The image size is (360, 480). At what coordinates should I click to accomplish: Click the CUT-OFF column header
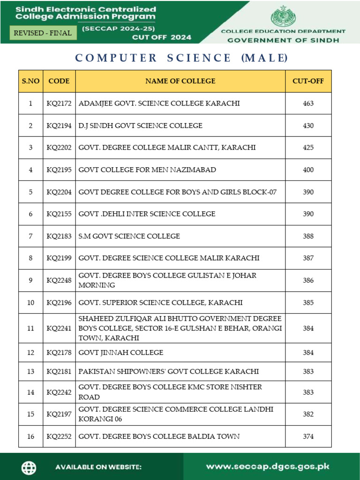(x=308, y=81)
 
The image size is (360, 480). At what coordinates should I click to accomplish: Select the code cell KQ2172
(x=59, y=103)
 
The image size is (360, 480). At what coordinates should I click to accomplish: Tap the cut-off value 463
(x=308, y=103)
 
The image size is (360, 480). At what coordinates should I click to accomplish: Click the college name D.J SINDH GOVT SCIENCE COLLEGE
(x=141, y=126)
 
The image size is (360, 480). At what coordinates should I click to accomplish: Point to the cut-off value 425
(x=308, y=148)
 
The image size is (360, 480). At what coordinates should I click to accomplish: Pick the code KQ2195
(x=59, y=170)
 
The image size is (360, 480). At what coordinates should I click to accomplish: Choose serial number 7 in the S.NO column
(x=30, y=236)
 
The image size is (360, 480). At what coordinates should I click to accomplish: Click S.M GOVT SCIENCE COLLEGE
(x=129, y=236)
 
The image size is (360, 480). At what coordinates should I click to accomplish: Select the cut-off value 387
(x=308, y=258)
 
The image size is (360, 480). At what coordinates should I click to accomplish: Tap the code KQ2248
(x=59, y=280)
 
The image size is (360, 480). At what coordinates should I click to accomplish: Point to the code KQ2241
(x=59, y=328)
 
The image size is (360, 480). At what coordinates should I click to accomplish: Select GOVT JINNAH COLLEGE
(x=121, y=352)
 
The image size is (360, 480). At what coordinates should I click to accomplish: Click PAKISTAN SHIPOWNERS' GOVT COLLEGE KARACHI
(x=169, y=371)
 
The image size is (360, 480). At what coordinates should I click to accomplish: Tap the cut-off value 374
(x=308, y=436)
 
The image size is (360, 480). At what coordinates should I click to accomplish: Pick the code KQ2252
(x=59, y=436)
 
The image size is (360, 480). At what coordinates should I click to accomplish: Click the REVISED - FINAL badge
(x=43, y=33)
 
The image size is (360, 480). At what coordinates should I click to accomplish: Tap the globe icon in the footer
(x=29, y=467)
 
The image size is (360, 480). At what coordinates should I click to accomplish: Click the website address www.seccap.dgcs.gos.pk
(x=268, y=466)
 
